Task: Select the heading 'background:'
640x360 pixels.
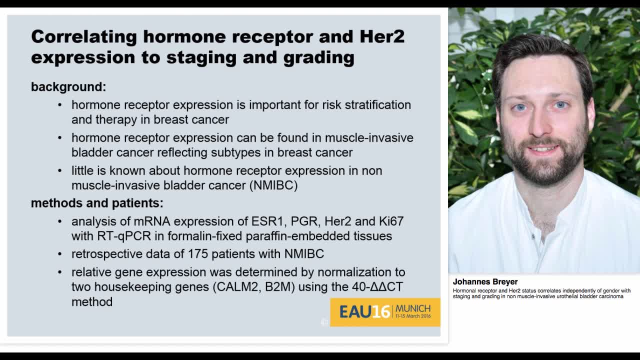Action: click(x=68, y=86)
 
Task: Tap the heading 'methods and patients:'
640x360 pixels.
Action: click(x=97, y=203)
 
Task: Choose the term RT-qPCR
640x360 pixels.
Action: click(x=117, y=236)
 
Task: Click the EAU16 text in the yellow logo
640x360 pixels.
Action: click(x=364, y=312)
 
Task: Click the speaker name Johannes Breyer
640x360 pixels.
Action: click(x=485, y=281)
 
